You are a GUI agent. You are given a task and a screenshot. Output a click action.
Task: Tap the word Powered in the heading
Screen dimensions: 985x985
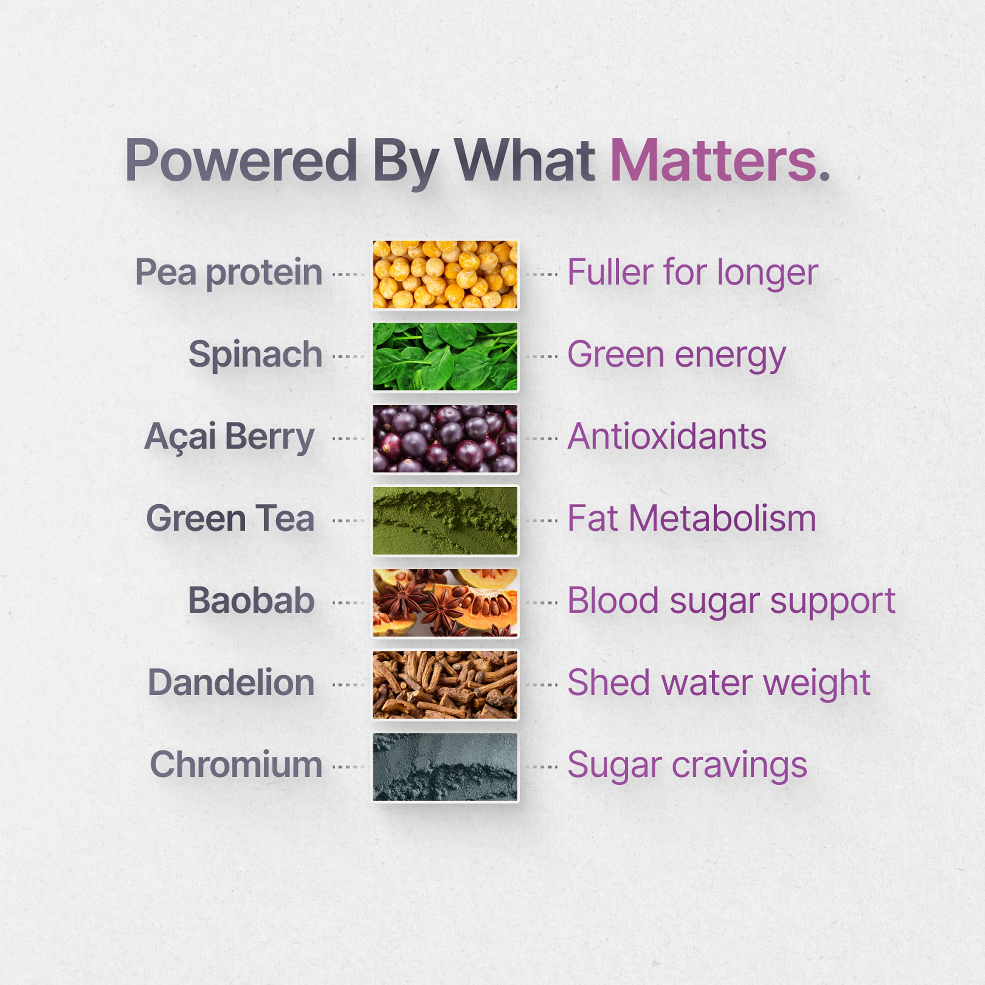pyautogui.click(x=241, y=161)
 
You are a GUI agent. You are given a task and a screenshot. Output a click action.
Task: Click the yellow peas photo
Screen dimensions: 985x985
pyautogui.click(x=445, y=275)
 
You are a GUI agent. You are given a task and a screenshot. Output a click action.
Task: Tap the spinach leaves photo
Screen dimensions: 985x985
pyautogui.click(x=445, y=357)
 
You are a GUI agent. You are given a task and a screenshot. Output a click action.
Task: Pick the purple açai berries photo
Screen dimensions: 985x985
pyautogui.click(x=445, y=439)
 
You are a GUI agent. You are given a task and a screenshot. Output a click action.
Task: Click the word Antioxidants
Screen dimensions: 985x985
pyautogui.click(x=667, y=437)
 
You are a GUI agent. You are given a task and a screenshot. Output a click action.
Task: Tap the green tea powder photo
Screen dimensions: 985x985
pyautogui.click(x=445, y=521)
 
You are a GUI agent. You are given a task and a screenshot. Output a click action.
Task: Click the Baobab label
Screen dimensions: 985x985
pyautogui.click(x=251, y=601)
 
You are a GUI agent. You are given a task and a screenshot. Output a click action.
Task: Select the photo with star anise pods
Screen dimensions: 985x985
pyautogui.click(x=445, y=603)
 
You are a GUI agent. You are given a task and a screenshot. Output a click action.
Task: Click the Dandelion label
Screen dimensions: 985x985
pyautogui.click(x=231, y=683)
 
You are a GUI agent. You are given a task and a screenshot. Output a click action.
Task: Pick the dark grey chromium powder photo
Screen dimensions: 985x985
pyautogui.click(x=445, y=767)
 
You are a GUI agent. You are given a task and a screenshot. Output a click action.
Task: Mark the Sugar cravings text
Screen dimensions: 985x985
pyautogui.click(x=687, y=766)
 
